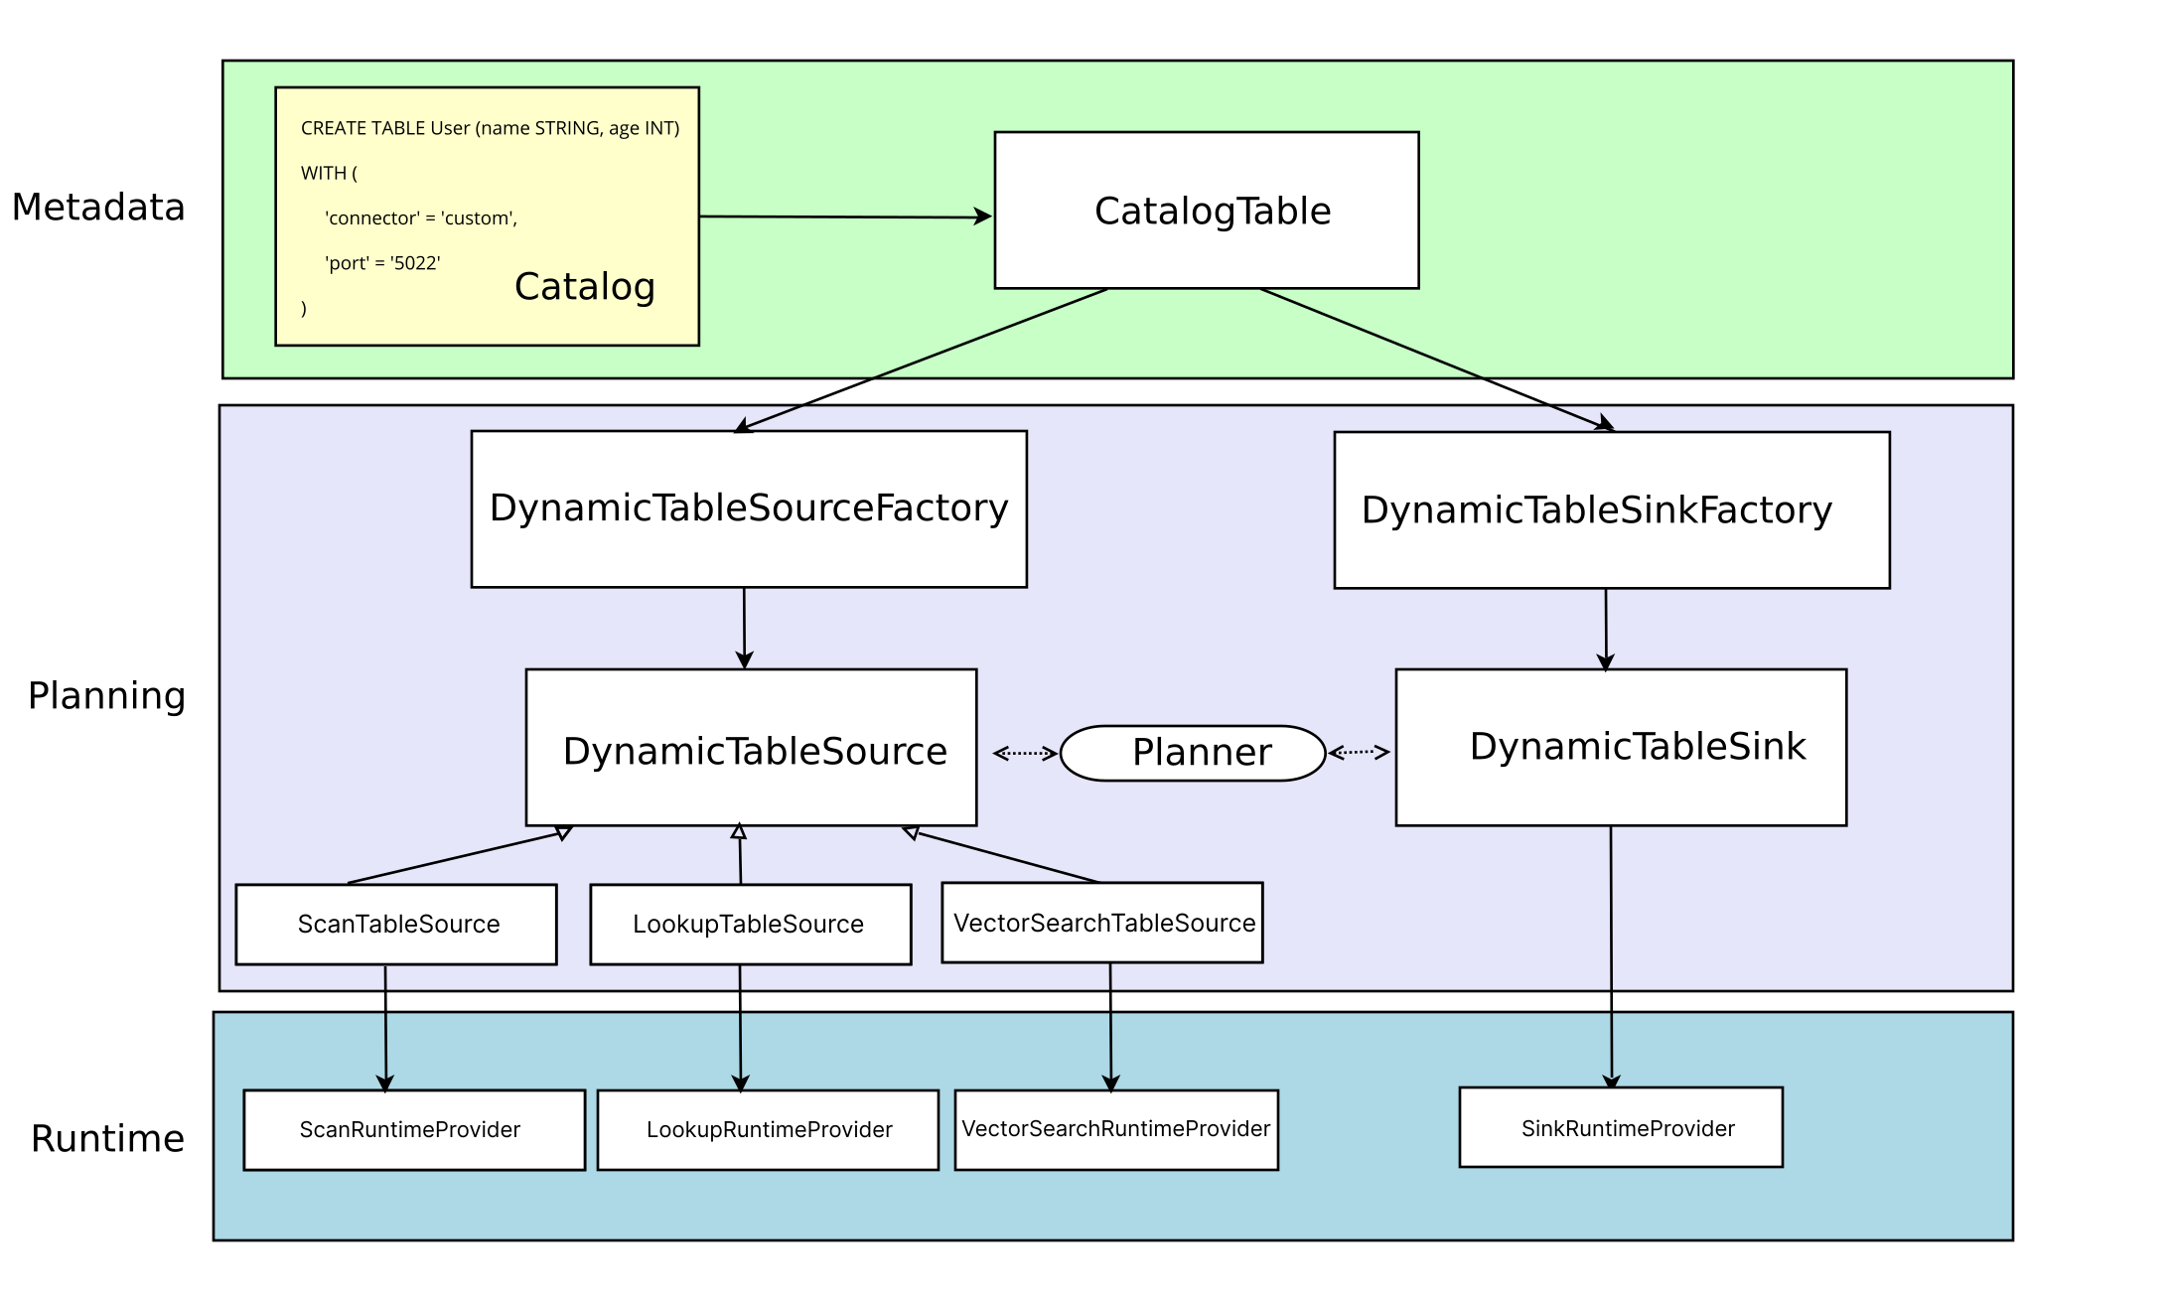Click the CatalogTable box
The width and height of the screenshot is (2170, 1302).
1207,211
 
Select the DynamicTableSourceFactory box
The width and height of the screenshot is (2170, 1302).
749,508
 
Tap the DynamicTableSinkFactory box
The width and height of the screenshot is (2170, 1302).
1612,510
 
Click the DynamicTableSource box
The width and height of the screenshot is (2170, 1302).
751,747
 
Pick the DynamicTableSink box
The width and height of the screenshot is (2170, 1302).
1621,747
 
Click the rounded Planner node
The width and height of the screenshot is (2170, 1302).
1193,753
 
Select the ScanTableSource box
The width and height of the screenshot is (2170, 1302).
396,924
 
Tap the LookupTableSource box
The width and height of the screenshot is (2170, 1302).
751,924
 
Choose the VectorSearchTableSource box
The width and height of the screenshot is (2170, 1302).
1102,923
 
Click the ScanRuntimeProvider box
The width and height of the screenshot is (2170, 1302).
414,1130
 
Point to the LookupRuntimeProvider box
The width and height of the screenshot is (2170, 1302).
768,1130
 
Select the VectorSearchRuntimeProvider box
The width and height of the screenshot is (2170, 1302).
1116,1130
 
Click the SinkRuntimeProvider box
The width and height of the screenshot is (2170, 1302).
1621,1127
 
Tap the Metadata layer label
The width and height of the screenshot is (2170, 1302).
98,208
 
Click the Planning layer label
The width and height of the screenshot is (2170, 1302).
106,696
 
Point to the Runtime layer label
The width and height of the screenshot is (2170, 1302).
107,1138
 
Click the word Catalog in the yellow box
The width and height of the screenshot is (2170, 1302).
585,287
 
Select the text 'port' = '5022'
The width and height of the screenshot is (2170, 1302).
382,263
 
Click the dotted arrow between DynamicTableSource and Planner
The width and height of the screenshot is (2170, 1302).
1026,754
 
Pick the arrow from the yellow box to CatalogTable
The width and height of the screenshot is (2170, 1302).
846,217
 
